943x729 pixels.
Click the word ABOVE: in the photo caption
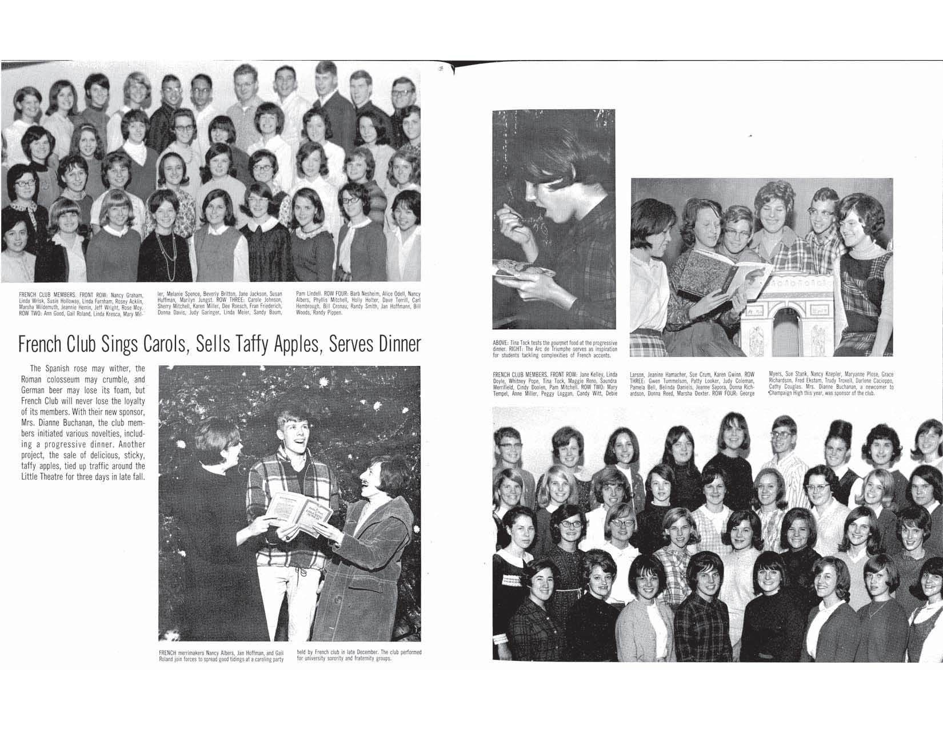point(500,342)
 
